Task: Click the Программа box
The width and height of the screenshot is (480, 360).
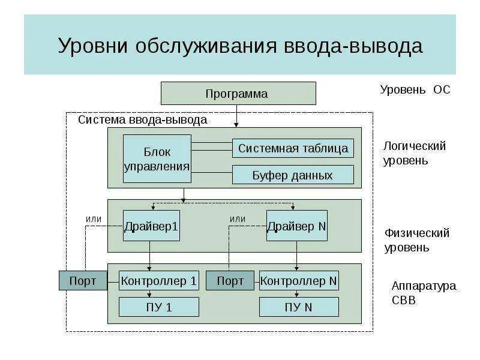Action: [238, 94]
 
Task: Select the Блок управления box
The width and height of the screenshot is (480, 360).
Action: [157, 158]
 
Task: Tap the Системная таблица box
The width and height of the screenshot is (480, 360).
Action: [293, 148]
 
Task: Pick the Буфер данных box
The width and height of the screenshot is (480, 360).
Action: [293, 175]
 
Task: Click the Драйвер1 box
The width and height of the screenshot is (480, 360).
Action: [151, 226]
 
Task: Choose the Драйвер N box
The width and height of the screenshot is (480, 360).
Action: [297, 226]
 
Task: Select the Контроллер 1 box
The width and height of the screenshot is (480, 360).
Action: [159, 281]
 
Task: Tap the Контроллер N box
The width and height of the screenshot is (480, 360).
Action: [299, 281]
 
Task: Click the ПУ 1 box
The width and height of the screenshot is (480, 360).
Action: [159, 307]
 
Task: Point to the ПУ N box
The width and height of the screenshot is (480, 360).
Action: [299, 307]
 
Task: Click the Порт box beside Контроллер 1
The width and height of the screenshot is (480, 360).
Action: [83, 281]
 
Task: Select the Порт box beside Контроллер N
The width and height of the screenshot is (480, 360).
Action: [230, 281]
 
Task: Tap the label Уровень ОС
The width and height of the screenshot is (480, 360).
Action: [415, 90]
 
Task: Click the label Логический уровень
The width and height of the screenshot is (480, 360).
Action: [414, 153]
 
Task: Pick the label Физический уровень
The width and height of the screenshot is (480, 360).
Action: [417, 239]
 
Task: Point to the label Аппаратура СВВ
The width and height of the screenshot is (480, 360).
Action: [424, 292]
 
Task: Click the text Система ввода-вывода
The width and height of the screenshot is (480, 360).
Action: [143, 120]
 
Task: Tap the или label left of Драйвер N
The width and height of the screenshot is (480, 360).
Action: [238, 219]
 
